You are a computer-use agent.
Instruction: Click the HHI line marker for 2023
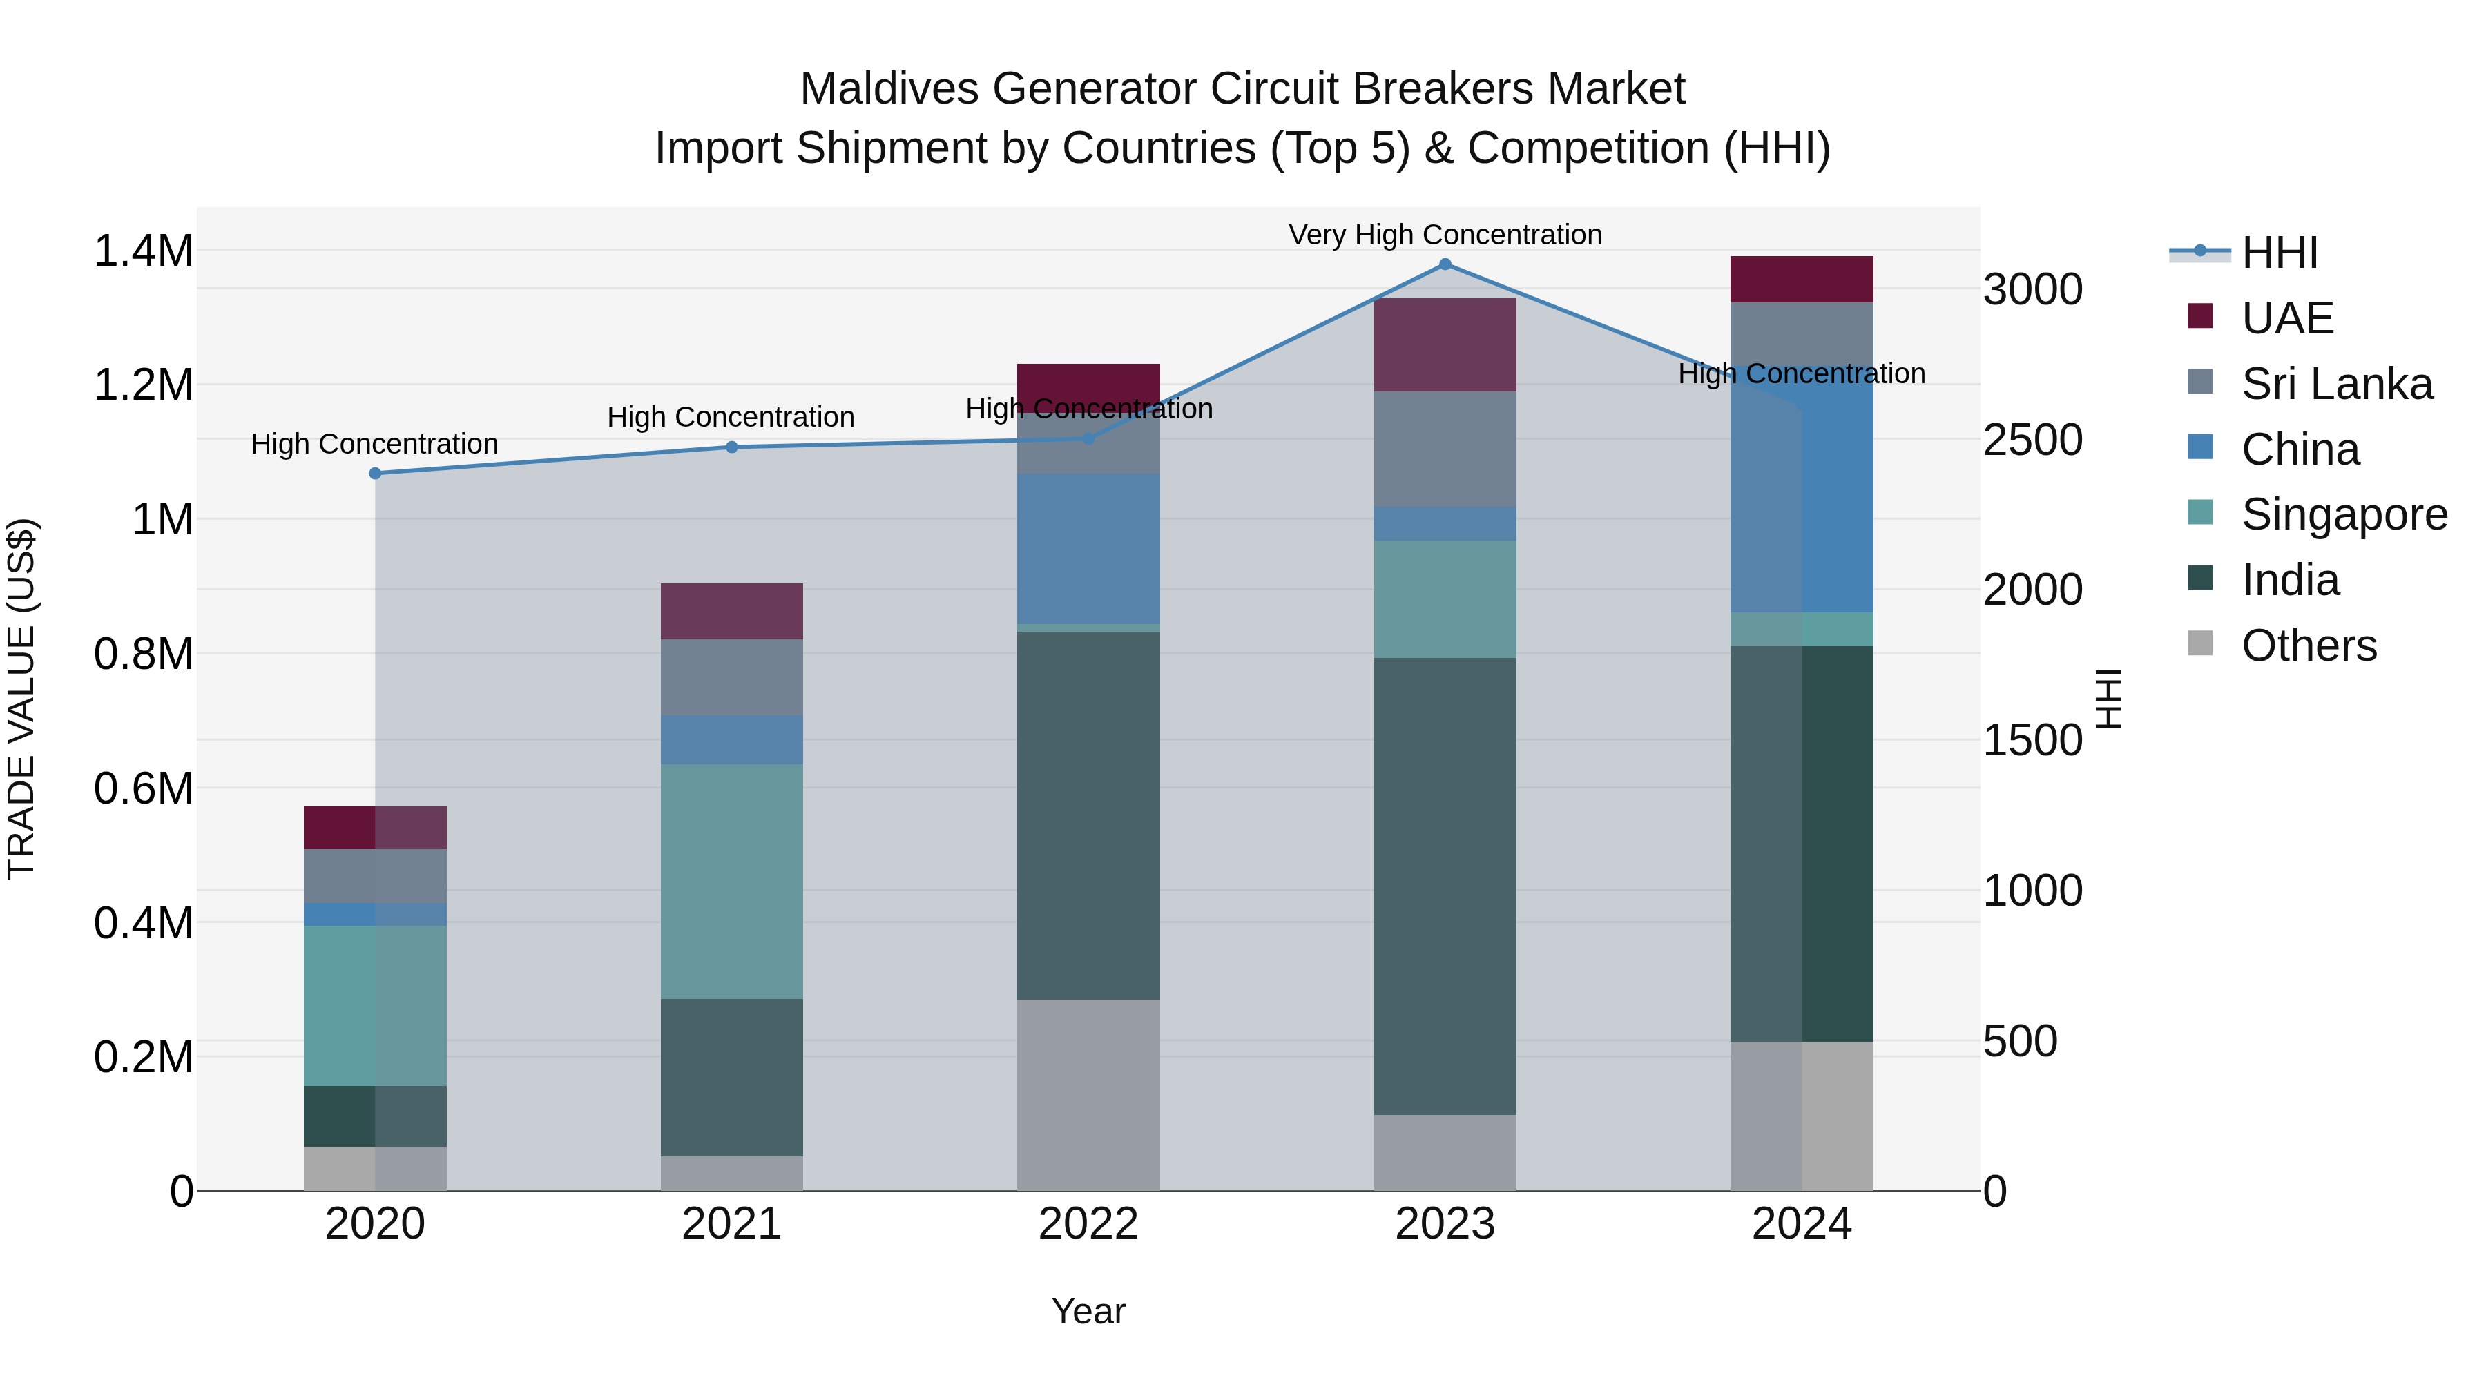coord(1445,264)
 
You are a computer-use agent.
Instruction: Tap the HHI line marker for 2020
coord(376,474)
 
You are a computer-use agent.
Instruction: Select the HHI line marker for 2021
coord(731,447)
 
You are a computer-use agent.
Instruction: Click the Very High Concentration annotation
coord(1445,235)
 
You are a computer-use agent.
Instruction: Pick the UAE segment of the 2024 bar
coord(1801,280)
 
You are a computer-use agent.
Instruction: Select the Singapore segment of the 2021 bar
coord(731,881)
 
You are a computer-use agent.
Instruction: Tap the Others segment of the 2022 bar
coord(1088,1094)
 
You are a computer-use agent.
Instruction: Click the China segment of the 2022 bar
coord(1088,548)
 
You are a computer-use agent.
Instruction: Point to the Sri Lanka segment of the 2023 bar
coord(1445,449)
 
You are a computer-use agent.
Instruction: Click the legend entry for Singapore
coord(2343,514)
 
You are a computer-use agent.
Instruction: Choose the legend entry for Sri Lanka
coord(2335,384)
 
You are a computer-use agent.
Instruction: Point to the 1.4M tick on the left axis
coord(143,251)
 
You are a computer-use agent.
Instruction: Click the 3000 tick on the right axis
coord(2032,289)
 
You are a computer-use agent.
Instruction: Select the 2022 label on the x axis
coord(1088,1224)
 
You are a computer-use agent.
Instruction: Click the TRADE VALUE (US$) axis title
coord(21,699)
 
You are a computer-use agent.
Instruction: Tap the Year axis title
coord(1088,1311)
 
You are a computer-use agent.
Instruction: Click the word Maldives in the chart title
coord(889,89)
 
